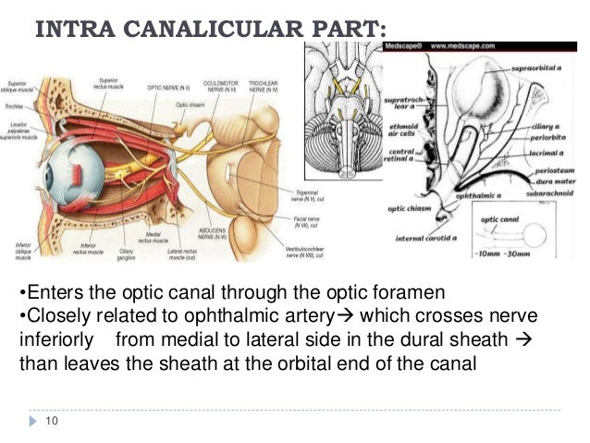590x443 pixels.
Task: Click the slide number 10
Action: [x=51, y=422]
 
